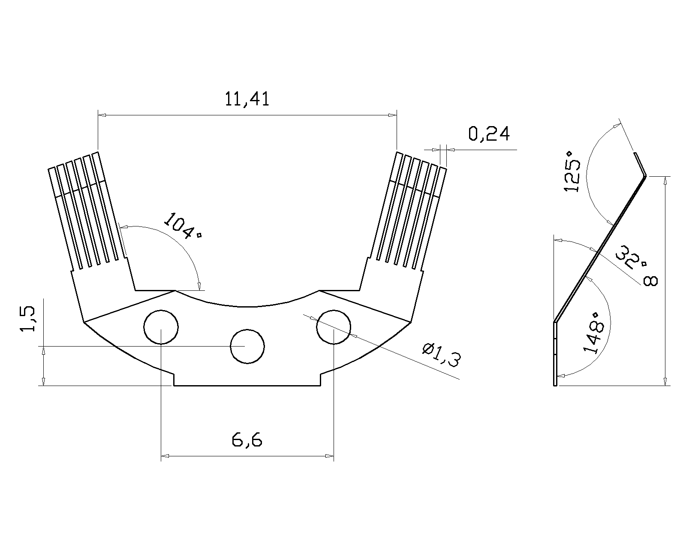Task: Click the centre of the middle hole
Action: pyautogui.click(x=247, y=347)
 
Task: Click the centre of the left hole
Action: pyautogui.click(x=161, y=327)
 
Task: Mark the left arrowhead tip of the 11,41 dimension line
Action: pyautogui.click(x=98, y=115)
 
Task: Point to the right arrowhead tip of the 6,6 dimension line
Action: pyautogui.click(x=334, y=456)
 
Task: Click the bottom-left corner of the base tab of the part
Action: pyautogui.click(x=174, y=386)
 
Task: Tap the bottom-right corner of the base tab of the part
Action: pyautogui.click(x=320, y=386)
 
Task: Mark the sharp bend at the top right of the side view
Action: pyautogui.click(x=646, y=176)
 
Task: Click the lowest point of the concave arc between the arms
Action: pyautogui.click(x=247, y=307)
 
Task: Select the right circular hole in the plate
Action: pyautogui.click(x=334, y=327)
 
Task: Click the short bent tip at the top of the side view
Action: pyautogui.click(x=640, y=164)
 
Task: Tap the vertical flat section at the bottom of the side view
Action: pyautogui.click(x=555, y=354)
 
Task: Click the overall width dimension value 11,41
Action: pyautogui.click(x=247, y=99)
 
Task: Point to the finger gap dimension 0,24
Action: pyautogui.click(x=489, y=134)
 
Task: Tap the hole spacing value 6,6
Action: pyautogui.click(x=247, y=440)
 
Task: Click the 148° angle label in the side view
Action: pyautogui.click(x=593, y=333)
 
